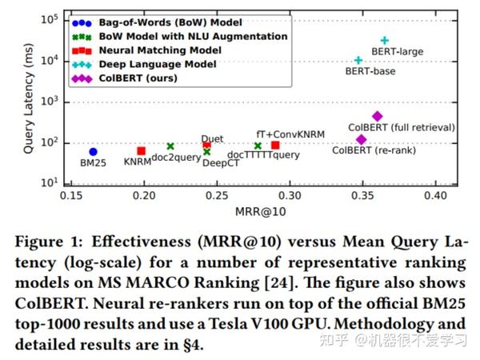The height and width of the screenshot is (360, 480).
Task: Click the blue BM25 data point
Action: click(x=93, y=151)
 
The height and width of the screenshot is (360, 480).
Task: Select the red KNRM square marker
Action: click(x=141, y=150)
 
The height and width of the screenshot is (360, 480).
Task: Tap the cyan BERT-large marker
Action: click(x=385, y=40)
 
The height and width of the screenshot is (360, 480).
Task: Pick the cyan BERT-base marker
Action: click(x=358, y=60)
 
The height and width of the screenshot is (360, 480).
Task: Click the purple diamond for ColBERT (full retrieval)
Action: click(x=378, y=116)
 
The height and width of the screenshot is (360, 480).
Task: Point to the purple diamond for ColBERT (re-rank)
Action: click(x=362, y=139)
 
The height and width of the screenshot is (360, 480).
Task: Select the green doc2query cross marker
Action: click(x=170, y=146)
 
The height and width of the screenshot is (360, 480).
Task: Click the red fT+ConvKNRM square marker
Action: click(x=275, y=145)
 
